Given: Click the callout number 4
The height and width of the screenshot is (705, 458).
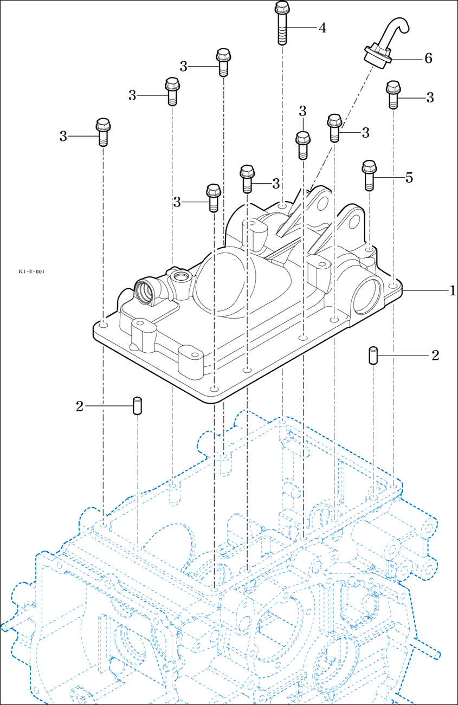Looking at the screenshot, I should tap(322, 28).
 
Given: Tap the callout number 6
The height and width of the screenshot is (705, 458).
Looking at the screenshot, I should tap(428, 58).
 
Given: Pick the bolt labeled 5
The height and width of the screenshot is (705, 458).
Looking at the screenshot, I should tap(369, 175).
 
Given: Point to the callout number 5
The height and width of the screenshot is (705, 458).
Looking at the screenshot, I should tap(409, 177).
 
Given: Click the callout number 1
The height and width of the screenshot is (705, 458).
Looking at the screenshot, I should tap(452, 291).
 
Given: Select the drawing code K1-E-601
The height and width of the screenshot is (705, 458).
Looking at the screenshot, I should tap(31, 271).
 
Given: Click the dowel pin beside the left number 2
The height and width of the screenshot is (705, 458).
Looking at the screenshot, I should tap(137, 405).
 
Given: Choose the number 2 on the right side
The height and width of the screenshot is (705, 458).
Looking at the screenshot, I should tap(435, 355).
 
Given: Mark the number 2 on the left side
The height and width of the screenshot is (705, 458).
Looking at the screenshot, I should tap(80, 406).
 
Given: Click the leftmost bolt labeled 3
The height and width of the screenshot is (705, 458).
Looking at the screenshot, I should tap(102, 132).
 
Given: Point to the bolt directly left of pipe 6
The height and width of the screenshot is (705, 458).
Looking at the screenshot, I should tap(334, 127).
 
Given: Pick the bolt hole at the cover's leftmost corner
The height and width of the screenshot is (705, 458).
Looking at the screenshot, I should tap(103, 325).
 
